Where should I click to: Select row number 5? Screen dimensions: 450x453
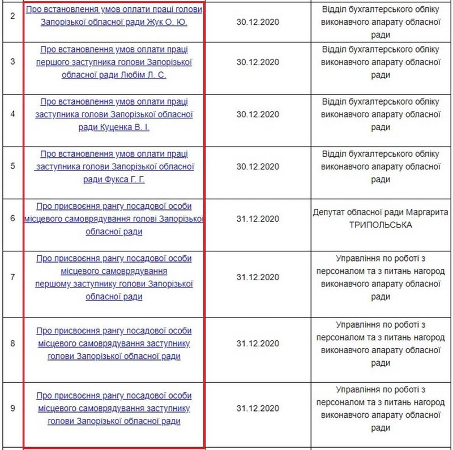[x=12, y=166]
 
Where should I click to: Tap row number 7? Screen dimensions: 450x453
[x=12, y=277]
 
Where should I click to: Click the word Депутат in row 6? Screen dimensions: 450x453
[x=330, y=212]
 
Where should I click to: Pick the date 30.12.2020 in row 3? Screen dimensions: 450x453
[x=258, y=62]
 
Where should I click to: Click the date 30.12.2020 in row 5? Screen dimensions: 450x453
[x=258, y=166]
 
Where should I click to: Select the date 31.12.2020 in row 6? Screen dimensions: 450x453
[x=258, y=218]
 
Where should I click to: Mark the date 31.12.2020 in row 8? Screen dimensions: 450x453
[x=258, y=343]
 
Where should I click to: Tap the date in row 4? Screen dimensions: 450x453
[x=258, y=114]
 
